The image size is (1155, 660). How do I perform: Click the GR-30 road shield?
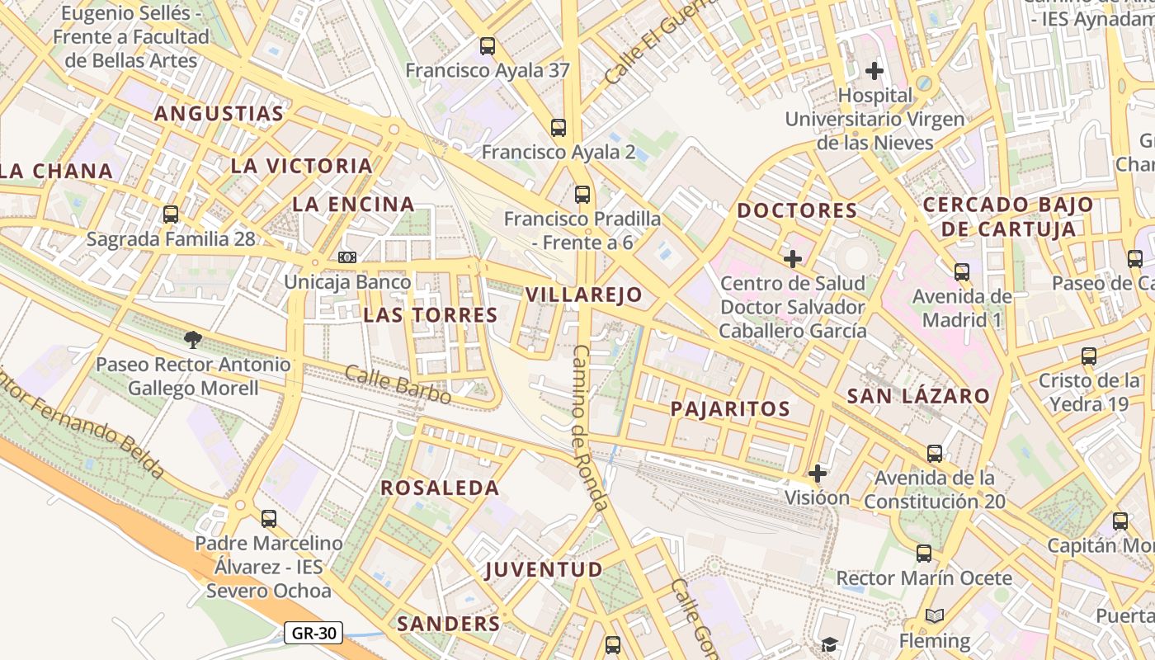click(x=313, y=633)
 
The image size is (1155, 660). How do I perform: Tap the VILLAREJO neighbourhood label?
click(x=583, y=295)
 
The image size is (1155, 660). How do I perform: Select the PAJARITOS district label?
click(x=730, y=408)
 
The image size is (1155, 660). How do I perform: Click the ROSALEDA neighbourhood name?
click(x=440, y=488)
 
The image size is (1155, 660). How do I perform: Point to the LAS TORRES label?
click(x=431, y=314)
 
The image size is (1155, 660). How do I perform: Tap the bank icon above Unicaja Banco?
click(x=347, y=257)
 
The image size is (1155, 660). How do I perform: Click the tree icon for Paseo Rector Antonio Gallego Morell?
click(x=192, y=339)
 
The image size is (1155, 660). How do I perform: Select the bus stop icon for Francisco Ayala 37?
click(x=488, y=46)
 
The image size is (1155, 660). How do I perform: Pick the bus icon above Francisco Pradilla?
click(x=582, y=195)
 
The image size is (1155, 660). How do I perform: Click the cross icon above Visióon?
click(x=818, y=474)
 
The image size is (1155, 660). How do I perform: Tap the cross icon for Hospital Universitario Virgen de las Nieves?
click(x=874, y=71)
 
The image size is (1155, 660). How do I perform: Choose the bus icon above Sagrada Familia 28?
click(x=171, y=214)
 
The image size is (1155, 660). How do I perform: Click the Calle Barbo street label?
click(x=398, y=385)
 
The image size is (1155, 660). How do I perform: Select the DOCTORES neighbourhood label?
click(x=797, y=210)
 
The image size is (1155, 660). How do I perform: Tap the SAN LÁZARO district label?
click(x=918, y=396)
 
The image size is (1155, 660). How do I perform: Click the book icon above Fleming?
click(x=935, y=615)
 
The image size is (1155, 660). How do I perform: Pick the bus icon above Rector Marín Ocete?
click(x=924, y=554)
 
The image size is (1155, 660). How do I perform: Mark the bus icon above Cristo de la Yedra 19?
click(x=1089, y=356)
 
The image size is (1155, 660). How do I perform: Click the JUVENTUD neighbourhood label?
click(x=544, y=569)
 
